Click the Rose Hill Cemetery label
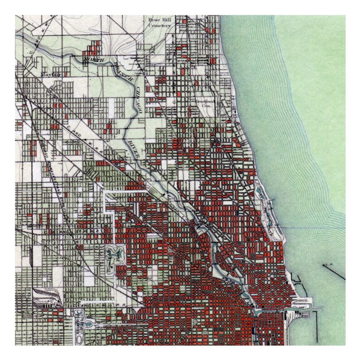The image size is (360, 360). pos(159,23)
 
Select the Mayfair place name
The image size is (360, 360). pos(48,73)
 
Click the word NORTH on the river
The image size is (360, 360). pos(93,59)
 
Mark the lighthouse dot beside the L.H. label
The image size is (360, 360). pos(323,264)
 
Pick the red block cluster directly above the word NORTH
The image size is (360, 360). pos(93,47)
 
